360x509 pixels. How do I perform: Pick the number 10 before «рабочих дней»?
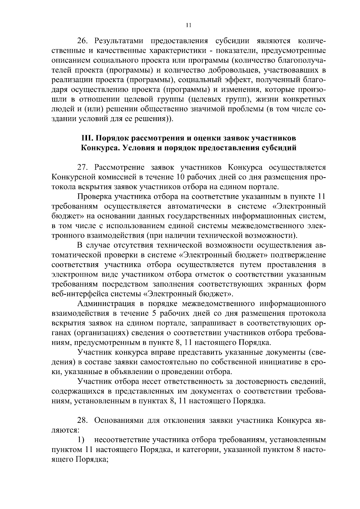181,177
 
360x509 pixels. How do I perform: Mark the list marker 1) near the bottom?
81,440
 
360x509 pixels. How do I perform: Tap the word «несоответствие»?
122,440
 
